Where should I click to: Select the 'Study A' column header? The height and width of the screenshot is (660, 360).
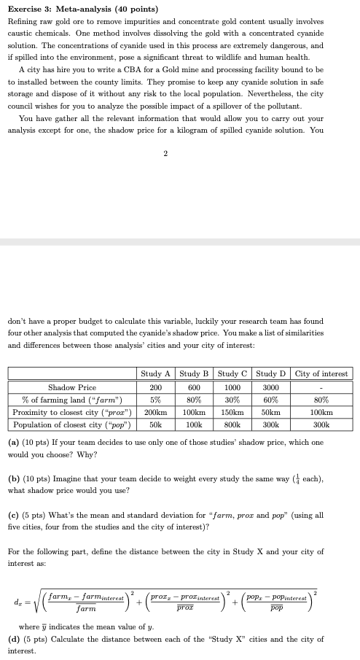coord(155,374)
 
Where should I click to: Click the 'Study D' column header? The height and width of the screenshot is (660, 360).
coord(270,374)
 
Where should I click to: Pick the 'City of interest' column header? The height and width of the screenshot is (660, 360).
coord(321,374)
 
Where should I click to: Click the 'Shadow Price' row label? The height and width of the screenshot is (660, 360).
coord(72,387)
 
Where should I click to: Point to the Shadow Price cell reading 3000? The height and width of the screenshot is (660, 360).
coord(270,387)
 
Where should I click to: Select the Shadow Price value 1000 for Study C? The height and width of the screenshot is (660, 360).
coord(232,387)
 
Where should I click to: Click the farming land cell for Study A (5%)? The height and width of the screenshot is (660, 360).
coord(155,400)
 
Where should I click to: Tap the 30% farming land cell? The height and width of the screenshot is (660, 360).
coord(232,400)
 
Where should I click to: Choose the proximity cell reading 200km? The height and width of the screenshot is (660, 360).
coord(155,412)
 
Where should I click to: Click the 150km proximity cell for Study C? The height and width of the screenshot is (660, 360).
coord(232,412)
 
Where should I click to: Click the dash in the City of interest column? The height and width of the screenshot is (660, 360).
coord(321,387)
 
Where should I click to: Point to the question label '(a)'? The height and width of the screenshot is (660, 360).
coord(14,442)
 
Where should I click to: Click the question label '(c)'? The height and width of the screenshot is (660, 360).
coord(14,514)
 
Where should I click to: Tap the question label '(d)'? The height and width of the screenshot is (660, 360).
coord(14,638)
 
